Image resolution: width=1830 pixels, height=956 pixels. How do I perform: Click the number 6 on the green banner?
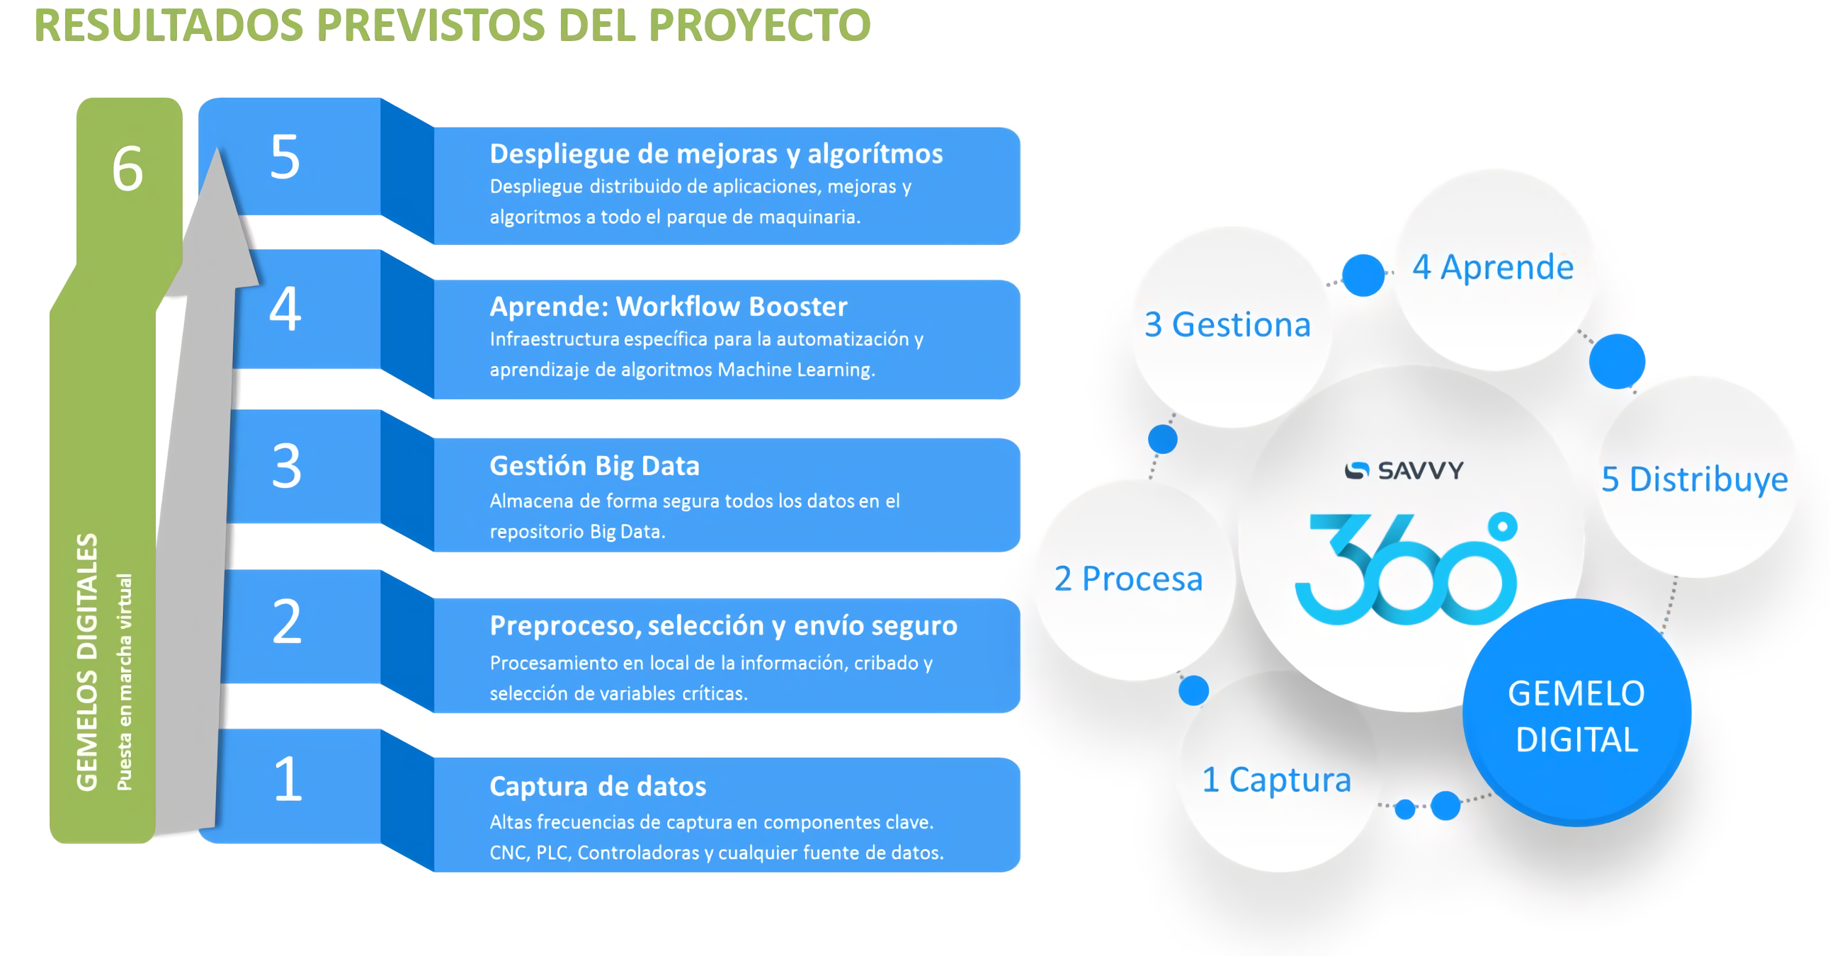(x=128, y=169)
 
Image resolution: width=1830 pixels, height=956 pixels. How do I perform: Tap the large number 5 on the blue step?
(x=285, y=157)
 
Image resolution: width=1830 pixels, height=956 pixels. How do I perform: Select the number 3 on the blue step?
(x=287, y=466)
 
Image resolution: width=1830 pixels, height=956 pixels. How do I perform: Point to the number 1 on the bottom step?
(x=288, y=778)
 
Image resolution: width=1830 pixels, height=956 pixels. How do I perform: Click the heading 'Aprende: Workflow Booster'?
(x=669, y=306)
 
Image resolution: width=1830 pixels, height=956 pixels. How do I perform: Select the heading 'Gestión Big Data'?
(x=595, y=466)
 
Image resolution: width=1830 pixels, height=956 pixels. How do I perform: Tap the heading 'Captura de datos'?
(x=598, y=786)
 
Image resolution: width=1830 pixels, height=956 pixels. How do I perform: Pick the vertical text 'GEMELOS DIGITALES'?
(x=86, y=662)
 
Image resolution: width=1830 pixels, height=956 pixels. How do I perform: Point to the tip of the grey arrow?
(x=217, y=148)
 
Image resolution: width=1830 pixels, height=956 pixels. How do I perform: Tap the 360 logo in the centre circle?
(x=1406, y=568)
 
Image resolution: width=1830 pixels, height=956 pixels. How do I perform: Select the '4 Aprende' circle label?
(x=1493, y=267)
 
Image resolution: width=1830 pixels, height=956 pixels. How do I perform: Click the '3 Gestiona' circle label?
(x=1227, y=324)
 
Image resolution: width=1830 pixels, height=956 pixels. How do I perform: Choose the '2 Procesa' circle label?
(x=1128, y=579)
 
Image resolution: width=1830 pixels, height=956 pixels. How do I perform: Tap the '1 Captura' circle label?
(x=1276, y=780)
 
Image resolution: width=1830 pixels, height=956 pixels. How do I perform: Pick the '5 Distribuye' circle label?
(x=1694, y=479)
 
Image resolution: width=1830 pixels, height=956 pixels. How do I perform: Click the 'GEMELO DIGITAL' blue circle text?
(x=1576, y=716)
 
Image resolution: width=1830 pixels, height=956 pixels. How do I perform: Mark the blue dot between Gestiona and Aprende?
(x=1363, y=275)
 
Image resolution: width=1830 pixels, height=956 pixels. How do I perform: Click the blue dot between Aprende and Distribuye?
(x=1617, y=362)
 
